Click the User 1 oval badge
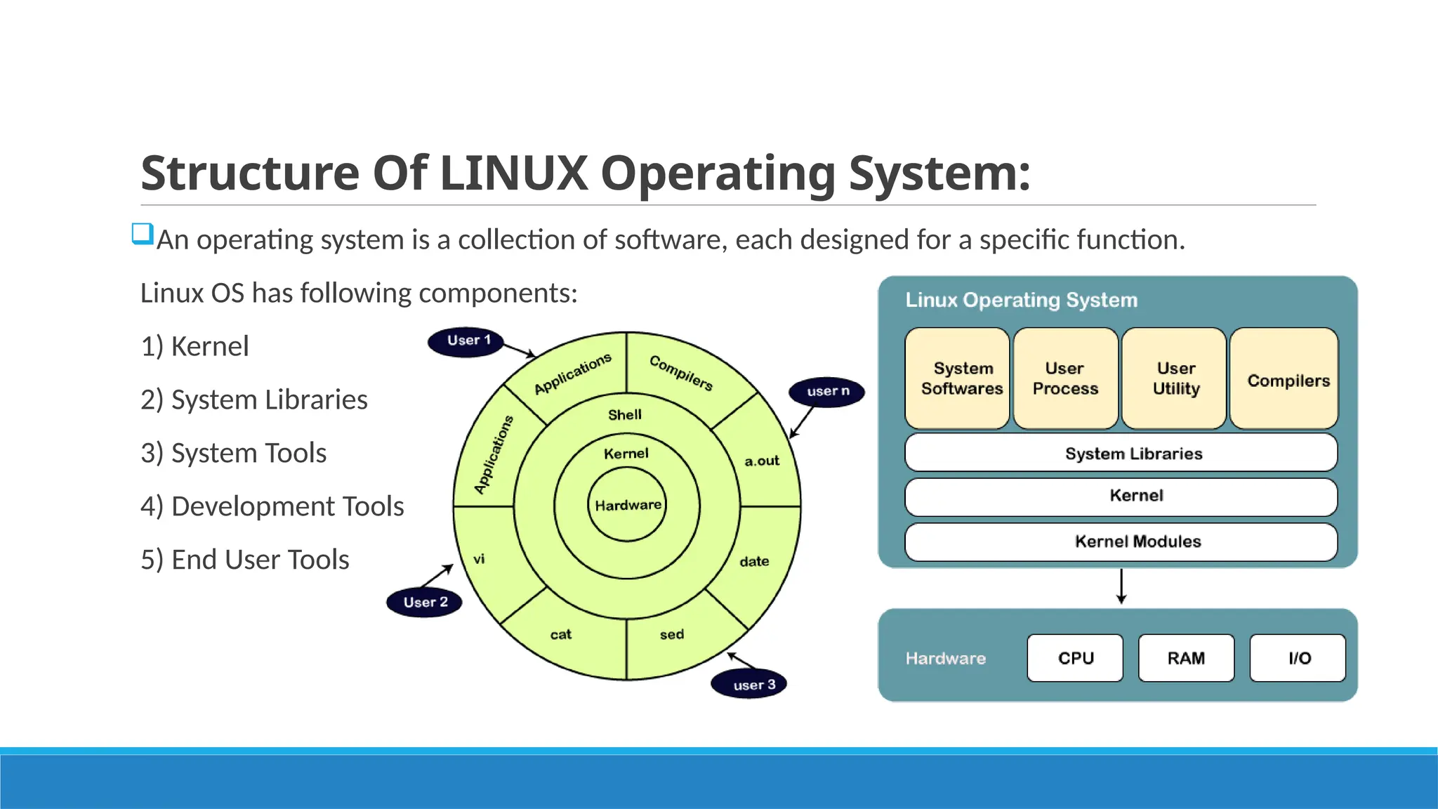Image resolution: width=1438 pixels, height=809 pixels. pos(466,341)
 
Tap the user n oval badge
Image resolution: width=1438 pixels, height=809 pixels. pos(826,391)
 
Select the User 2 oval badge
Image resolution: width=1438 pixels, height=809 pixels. pos(424,603)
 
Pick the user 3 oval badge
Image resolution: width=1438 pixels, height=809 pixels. pos(749,684)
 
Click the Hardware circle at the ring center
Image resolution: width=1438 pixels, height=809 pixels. pos(627,505)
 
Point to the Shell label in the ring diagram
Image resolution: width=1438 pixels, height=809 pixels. pos(624,415)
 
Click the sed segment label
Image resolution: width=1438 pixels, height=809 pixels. pos(671,635)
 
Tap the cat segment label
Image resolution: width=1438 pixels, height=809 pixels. pos(560,635)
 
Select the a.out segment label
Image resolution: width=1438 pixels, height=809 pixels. pos(762,461)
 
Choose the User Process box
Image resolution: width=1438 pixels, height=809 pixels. pos(1065,379)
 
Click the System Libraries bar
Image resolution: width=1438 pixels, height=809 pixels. pos(1121,453)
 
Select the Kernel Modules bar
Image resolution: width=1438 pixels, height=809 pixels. pos(1121,541)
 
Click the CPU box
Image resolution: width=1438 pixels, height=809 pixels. pos(1075,658)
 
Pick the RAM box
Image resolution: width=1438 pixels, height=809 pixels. pos(1186,658)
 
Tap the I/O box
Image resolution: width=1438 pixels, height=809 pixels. pos(1298,658)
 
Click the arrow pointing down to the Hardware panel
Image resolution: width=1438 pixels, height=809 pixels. pos(1121,587)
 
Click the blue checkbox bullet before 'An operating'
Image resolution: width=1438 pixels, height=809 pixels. pos(143,234)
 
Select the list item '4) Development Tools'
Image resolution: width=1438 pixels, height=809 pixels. pos(272,506)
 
